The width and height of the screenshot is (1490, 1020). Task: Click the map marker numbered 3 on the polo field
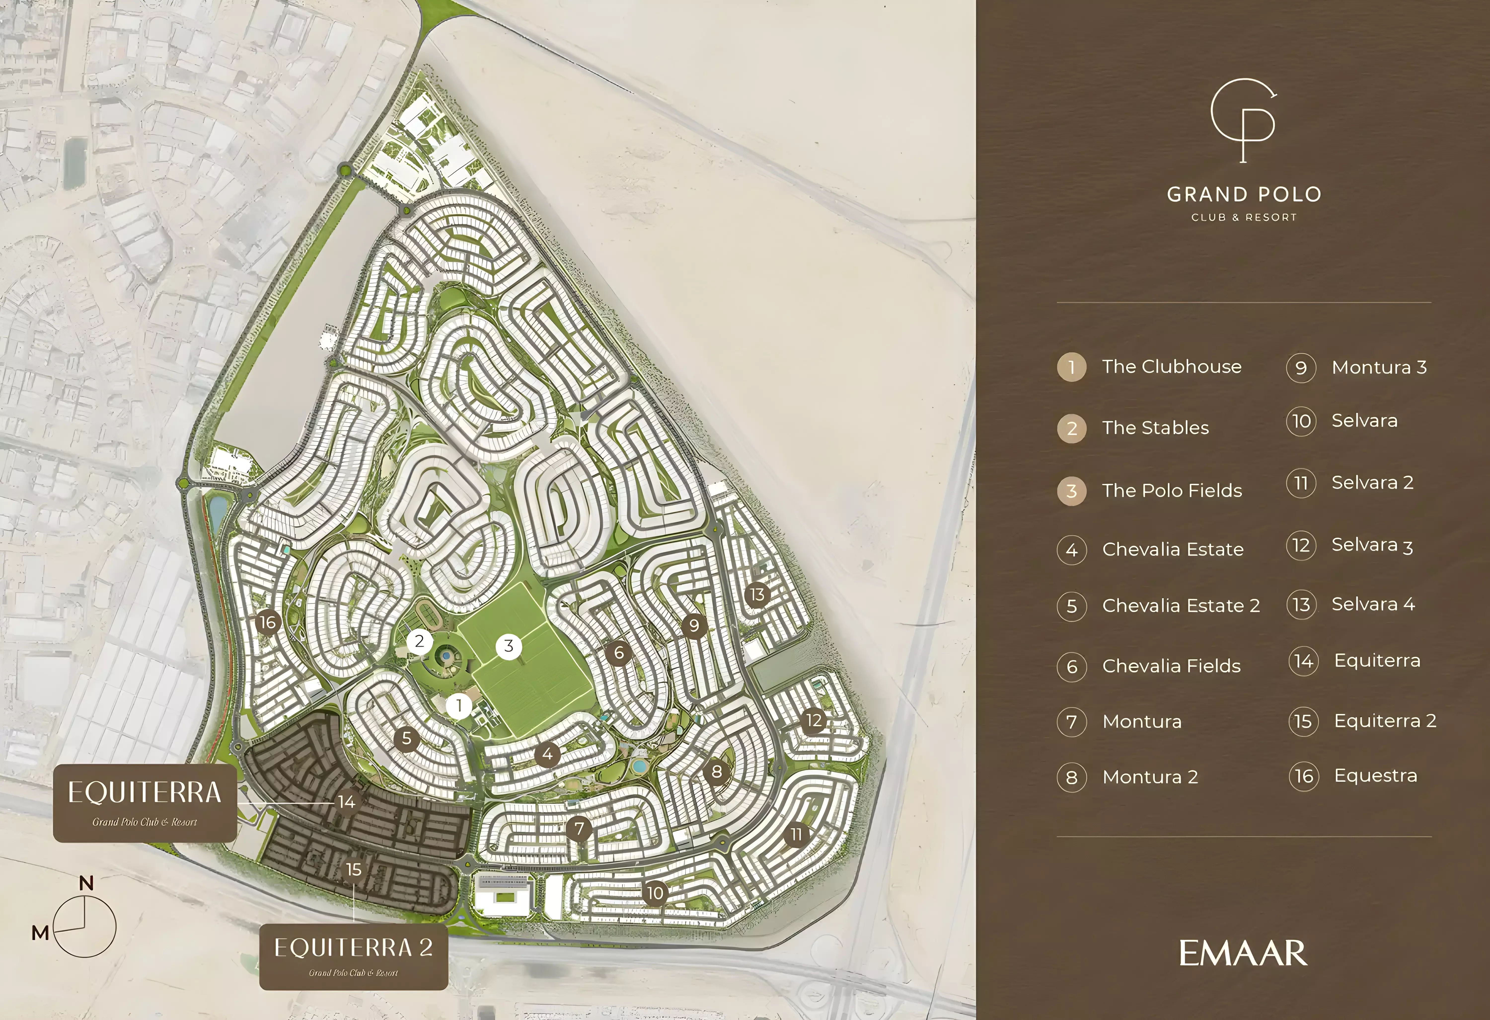point(508,646)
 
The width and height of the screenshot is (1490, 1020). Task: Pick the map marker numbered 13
point(757,595)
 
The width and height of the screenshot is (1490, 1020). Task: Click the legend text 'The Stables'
point(1155,428)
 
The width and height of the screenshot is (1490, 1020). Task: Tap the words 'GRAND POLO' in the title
point(1244,194)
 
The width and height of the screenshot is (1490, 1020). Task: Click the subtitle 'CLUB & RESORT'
point(1244,217)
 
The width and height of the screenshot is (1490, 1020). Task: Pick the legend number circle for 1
point(1071,368)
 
